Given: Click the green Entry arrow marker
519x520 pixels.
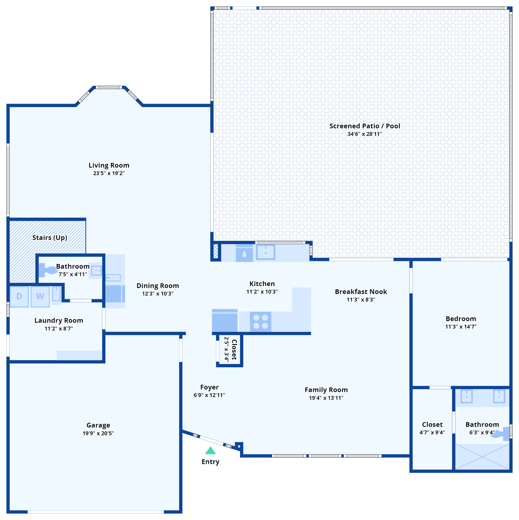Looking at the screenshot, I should (x=210, y=451).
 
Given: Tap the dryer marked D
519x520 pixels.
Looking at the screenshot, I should (x=19, y=297).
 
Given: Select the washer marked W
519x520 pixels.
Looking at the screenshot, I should (x=40, y=297).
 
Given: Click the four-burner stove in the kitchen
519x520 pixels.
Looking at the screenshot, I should (x=261, y=322).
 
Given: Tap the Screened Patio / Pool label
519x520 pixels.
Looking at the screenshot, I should (x=365, y=126).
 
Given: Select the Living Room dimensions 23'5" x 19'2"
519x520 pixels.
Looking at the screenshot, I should (x=109, y=173).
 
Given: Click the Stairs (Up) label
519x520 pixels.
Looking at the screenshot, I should (x=50, y=238).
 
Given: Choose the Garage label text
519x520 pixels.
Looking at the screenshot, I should (x=98, y=425).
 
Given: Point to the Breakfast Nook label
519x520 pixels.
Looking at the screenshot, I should (x=361, y=291).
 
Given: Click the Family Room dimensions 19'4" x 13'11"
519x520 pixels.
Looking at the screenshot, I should (x=326, y=398).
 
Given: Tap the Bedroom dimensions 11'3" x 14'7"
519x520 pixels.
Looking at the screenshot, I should (x=461, y=327).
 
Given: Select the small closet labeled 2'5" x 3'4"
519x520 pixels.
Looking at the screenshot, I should (x=230, y=350).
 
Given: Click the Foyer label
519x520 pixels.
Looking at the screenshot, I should (x=209, y=387).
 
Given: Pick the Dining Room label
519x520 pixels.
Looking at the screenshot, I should (x=158, y=286).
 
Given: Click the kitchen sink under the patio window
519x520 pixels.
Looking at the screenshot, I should (x=266, y=252).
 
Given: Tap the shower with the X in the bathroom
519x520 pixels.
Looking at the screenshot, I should (x=482, y=457).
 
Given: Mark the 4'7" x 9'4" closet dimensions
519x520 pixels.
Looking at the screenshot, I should (x=432, y=432).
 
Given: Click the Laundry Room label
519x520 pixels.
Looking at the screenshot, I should (x=59, y=320).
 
